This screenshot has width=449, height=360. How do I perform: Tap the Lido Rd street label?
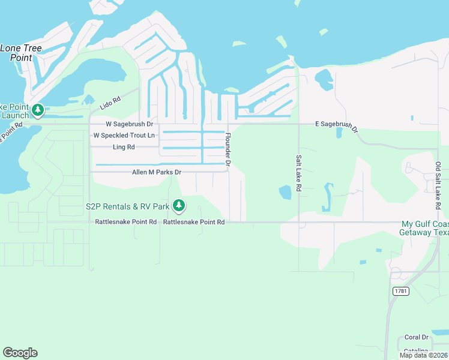(x=110, y=103)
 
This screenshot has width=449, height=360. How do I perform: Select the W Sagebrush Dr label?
(x=130, y=124)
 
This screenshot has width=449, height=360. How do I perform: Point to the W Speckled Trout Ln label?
(x=124, y=135)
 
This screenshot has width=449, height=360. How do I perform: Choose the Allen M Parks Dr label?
(x=157, y=172)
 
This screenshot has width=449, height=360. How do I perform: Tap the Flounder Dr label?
(x=228, y=149)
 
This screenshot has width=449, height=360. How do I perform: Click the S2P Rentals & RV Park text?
(x=127, y=206)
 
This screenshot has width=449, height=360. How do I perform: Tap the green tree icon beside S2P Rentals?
(x=178, y=206)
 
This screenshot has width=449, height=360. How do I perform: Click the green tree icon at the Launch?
(x=38, y=110)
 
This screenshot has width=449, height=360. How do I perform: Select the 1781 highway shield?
(x=400, y=291)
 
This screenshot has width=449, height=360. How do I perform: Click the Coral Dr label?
(x=416, y=337)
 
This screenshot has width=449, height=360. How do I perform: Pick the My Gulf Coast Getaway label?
(x=424, y=228)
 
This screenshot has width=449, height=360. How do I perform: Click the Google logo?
(x=20, y=353)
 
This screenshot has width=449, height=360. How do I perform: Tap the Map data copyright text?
(x=423, y=355)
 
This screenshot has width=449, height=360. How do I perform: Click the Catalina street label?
(x=415, y=350)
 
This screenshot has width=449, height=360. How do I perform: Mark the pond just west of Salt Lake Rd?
(x=285, y=193)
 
